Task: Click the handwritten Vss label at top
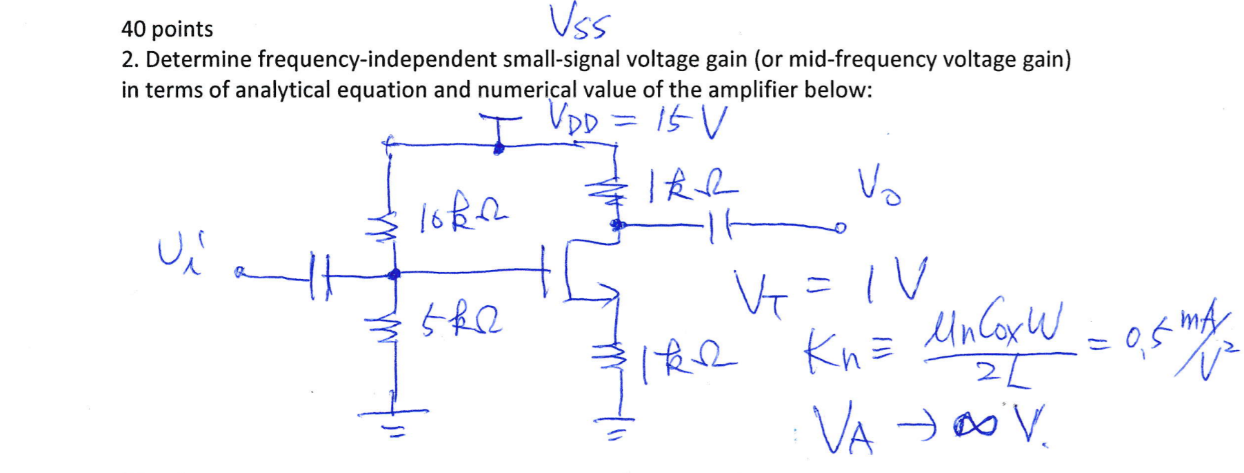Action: coord(578,22)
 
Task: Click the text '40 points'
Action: coord(167,29)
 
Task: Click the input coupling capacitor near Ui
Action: coord(317,276)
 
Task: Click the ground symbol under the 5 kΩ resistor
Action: coord(393,419)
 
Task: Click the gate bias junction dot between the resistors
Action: coord(394,274)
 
